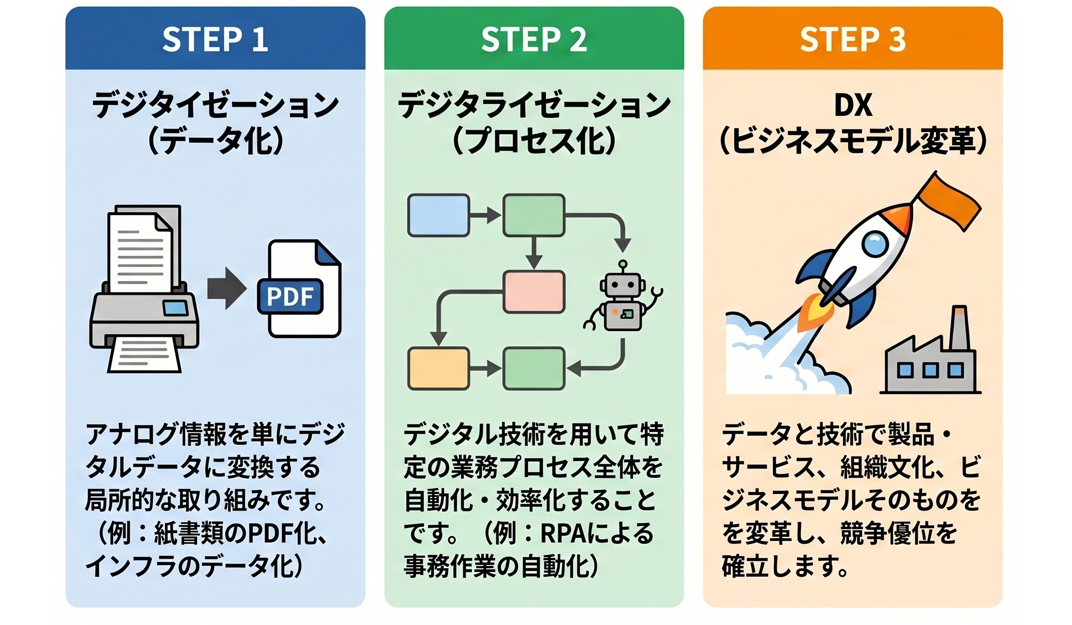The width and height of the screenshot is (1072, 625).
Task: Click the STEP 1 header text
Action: (x=215, y=39)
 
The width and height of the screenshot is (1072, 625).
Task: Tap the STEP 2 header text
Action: (x=534, y=39)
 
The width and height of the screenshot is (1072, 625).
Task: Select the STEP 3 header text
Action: (x=853, y=39)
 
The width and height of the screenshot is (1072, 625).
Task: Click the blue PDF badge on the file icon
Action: (x=290, y=296)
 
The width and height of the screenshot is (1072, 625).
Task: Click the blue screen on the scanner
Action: (x=175, y=307)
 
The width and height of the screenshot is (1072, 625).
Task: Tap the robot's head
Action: (x=622, y=285)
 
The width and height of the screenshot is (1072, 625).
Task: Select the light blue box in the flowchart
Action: (x=438, y=215)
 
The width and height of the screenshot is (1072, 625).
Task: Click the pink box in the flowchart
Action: (x=534, y=291)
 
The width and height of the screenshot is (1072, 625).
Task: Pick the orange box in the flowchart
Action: (x=438, y=369)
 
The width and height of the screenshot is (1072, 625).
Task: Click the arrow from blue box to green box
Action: (x=486, y=215)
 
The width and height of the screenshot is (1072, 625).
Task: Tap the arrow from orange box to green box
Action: (x=486, y=369)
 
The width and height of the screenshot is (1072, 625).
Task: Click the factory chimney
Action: (x=959, y=329)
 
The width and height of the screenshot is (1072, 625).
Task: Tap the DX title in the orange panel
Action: (x=853, y=105)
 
